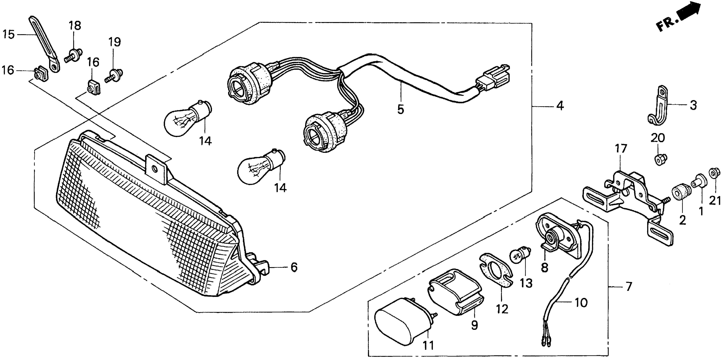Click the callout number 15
pyautogui.click(x=8, y=35)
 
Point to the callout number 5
pyautogui.click(x=401, y=109)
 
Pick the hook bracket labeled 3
pyautogui.click(x=657, y=110)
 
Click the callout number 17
pyautogui.click(x=621, y=149)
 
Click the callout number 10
pyautogui.click(x=581, y=303)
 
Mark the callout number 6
pyautogui.click(x=294, y=267)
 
